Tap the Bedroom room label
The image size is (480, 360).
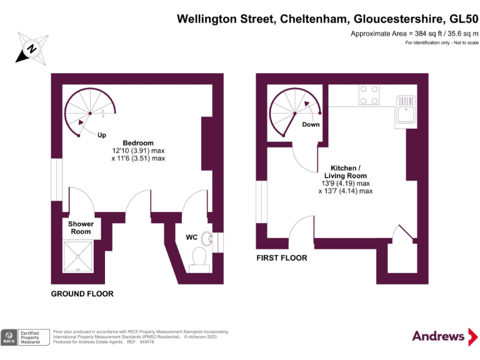(138, 143)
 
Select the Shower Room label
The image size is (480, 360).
(81, 227)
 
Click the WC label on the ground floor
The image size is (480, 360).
(192, 237)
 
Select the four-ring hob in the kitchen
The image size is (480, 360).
(368, 94)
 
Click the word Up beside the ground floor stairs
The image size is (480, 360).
(101, 134)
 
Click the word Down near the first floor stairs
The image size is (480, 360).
(311, 124)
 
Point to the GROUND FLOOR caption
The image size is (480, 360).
(82, 294)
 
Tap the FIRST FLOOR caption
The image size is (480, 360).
(282, 257)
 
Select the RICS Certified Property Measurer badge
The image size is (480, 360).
(26, 337)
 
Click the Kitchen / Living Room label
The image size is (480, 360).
(345, 172)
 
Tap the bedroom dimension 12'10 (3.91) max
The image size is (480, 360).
(138, 151)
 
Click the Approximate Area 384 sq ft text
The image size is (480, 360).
(414, 33)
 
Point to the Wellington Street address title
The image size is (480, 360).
(327, 19)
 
